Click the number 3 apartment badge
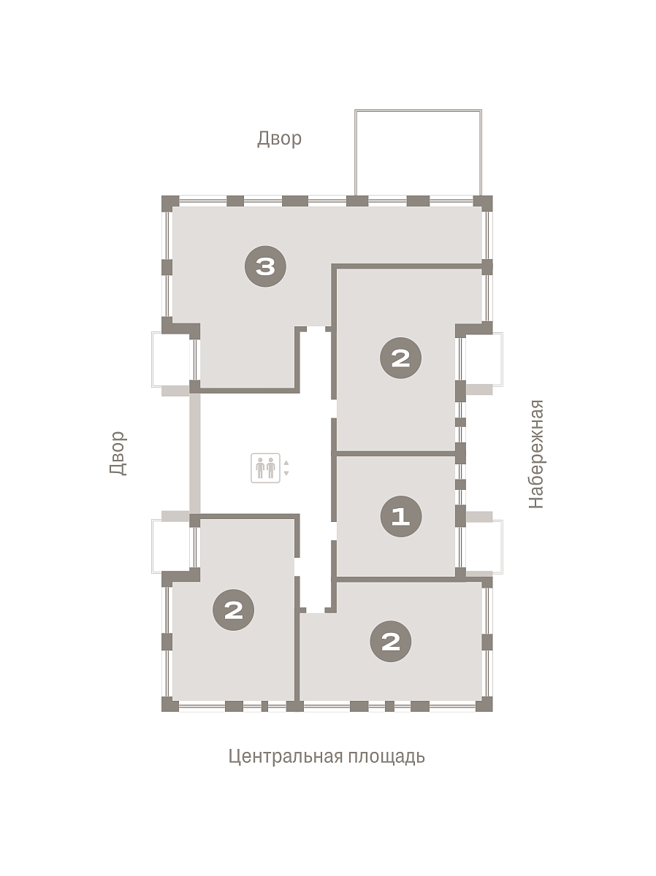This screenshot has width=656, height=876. [265, 266]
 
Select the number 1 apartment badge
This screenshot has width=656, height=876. [401, 516]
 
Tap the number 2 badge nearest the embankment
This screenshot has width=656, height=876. [400, 358]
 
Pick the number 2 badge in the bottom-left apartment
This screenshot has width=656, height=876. [234, 610]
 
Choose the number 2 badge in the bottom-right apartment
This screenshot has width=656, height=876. [391, 642]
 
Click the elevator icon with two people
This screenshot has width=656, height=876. [265, 468]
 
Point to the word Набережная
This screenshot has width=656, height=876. [535, 454]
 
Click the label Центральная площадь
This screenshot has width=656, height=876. [327, 757]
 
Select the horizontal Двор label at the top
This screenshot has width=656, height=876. [279, 139]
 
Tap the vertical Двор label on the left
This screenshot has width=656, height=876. [118, 453]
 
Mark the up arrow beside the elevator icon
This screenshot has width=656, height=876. [286, 463]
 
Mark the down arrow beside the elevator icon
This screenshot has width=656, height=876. [286, 473]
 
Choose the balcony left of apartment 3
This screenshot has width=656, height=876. [171, 359]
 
